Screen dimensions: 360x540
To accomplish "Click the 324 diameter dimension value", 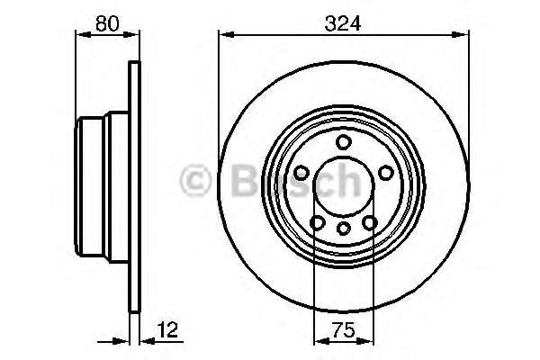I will coord(344,24).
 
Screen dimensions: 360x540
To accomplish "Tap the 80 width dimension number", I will coord(108,24).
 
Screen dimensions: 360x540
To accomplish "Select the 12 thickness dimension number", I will coord(166,330).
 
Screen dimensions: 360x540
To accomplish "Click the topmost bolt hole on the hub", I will coord(343,141).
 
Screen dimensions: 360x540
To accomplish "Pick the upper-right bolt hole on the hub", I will coord(385,172).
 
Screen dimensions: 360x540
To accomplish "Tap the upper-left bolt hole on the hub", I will coord(301,172).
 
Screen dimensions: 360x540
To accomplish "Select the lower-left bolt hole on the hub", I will coord(317,222).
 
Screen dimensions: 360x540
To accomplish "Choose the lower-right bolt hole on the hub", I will coord(369,222).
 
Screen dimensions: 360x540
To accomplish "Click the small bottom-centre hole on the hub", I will coord(343,229).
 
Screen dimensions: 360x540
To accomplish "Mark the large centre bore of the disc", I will coord(343,186).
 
